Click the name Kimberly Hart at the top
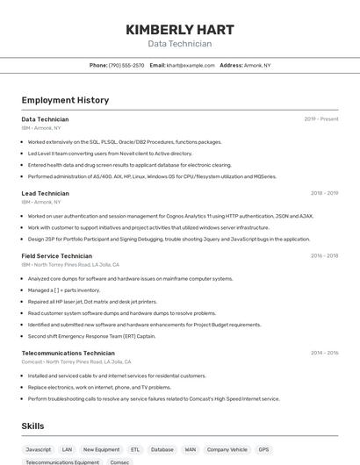tap(179, 29)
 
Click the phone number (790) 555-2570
tap(126, 65)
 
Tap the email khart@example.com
tap(191, 65)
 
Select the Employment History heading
tap(65, 100)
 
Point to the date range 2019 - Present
tap(321, 118)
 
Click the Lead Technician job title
tap(45, 193)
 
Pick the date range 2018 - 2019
tap(324, 193)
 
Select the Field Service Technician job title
tap(57, 256)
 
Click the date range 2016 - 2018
tap(324, 256)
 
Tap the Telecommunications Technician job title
tap(68, 353)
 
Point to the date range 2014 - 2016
tap(324, 353)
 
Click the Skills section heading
tap(33, 426)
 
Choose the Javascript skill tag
tap(39, 449)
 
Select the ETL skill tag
tap(135, 449)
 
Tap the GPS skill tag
tap(263, 449)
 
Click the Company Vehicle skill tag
tap(227, 449)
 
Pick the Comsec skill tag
tap(119, 461)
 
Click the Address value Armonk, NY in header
tap(257, 65)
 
